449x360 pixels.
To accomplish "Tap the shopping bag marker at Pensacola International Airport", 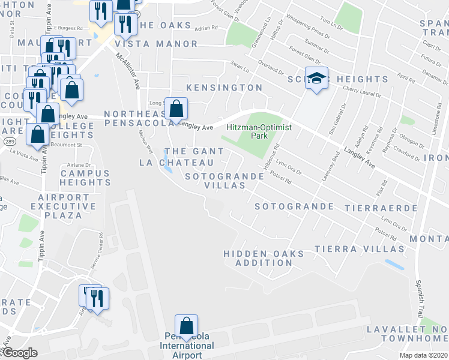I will tap(187, 326).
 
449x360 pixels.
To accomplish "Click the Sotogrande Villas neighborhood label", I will tap(224, 181).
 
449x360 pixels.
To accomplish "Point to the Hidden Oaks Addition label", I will tap(264, 258).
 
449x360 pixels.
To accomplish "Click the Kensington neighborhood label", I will tap(224, 88).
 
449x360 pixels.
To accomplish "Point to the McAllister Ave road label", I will tap(128, 70).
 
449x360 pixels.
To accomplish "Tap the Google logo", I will tap(19, 353).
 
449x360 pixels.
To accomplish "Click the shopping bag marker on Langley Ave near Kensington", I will tap(176, 109).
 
